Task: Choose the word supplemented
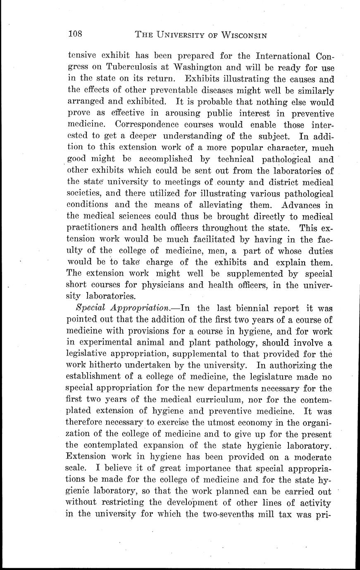269,273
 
